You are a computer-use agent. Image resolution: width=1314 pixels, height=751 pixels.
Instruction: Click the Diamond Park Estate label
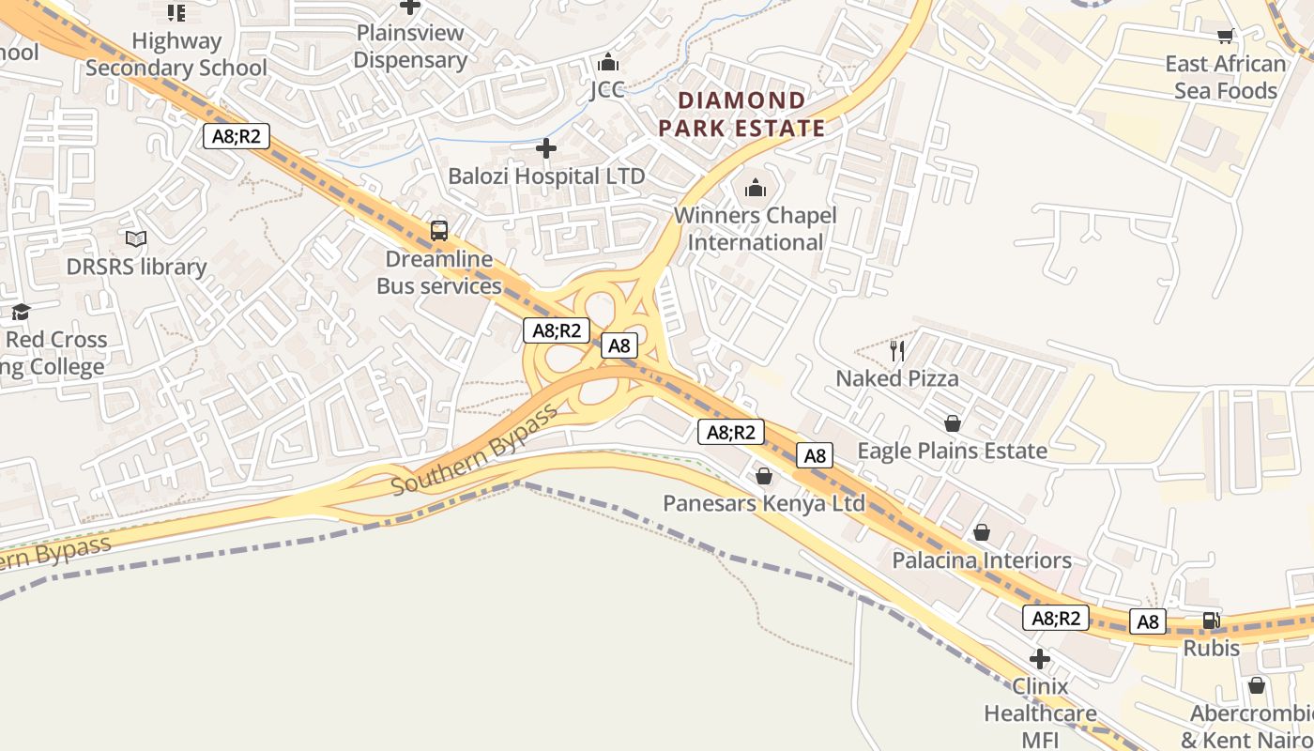(741, 114)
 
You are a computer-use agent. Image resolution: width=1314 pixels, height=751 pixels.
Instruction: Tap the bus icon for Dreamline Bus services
(439, 230)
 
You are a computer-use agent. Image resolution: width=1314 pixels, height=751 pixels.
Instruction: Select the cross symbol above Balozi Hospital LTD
(546, 148)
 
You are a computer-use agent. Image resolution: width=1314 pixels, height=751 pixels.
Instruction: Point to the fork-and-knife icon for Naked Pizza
(897, 351)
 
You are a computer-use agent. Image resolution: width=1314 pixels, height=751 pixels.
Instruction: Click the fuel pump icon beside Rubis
(1212, 621)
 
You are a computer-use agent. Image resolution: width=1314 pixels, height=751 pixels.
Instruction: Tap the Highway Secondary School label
(176, 54)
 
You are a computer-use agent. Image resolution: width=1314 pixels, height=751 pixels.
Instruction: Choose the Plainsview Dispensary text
(410, 46)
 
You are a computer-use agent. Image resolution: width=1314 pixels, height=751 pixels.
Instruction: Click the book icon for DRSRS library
(136, 239)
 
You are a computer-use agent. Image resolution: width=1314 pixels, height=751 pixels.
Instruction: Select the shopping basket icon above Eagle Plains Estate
(953, 423)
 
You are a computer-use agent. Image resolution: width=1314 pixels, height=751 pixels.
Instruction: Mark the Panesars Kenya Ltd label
(764, 503)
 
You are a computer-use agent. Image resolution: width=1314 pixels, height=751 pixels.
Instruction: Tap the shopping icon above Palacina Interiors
(982, 533)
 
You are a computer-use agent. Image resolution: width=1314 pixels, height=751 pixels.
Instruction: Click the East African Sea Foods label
(1225, 77)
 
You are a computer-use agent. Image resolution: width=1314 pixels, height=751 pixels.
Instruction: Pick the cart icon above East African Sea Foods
(1225, 37)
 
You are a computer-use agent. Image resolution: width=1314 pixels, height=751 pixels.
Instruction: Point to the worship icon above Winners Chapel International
(756, 188)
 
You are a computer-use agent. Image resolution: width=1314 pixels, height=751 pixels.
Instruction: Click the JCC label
(607, 90)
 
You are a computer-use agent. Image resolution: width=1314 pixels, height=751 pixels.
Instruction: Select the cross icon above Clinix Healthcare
(1040, 659)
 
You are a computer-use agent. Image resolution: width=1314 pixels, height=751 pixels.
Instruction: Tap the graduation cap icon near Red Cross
(21, 312)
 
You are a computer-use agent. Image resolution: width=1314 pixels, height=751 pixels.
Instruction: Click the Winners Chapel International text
(756, 228)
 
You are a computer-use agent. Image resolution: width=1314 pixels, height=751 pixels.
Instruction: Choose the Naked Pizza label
(897, 378)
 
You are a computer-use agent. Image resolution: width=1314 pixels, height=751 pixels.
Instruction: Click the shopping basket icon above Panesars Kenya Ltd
(764, 476)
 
